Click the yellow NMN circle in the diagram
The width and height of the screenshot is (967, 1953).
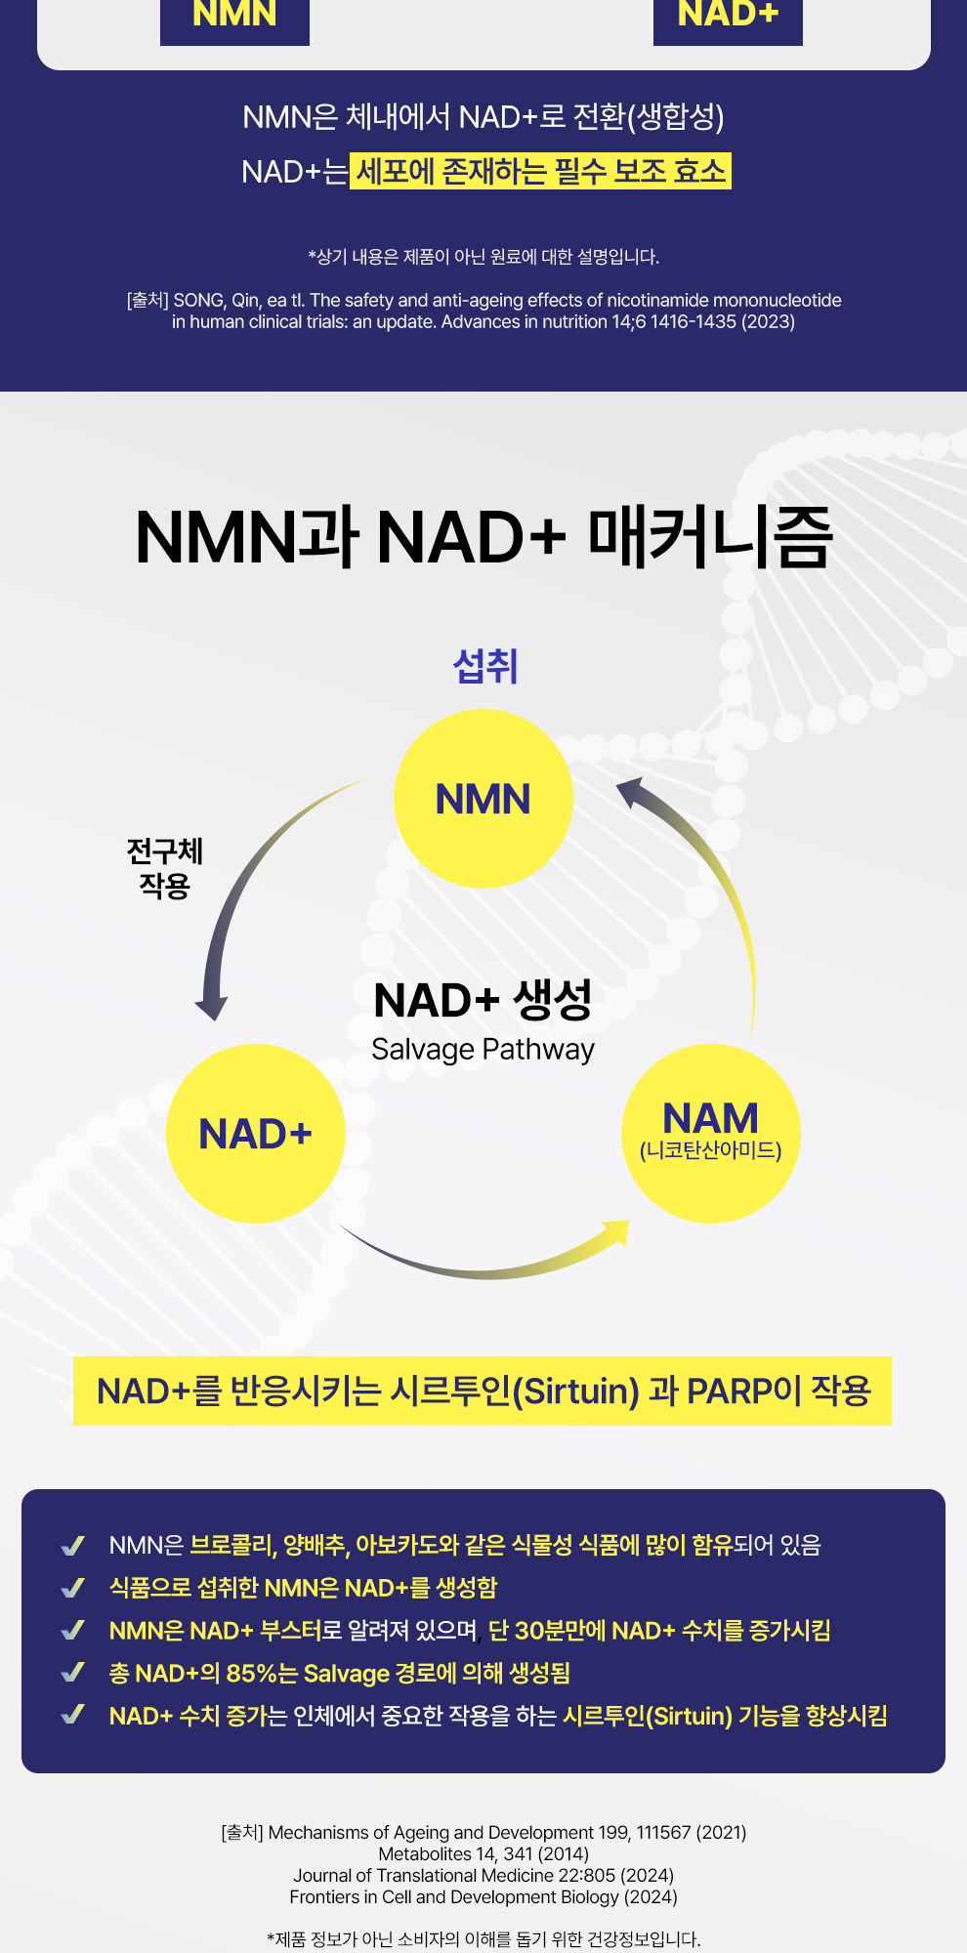[x=483, y=799]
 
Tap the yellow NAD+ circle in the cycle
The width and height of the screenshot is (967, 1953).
[x=255, y=1134]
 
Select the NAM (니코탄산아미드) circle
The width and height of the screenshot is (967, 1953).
[x=711, y=1133]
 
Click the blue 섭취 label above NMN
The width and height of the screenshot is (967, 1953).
[x=484, y=667]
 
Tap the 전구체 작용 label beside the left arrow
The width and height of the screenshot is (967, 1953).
[x=164, y=868]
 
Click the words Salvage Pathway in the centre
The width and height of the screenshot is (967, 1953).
[x=483, y=1050]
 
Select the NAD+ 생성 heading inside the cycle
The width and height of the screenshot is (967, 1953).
[x=483, y=1000]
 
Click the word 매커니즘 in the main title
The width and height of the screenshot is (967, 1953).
[x=709, y=537]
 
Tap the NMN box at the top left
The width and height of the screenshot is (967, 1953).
[x=234, y=18]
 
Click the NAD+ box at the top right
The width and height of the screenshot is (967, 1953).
[x=728, y=18]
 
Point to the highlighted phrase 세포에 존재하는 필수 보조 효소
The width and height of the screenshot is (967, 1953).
[x=540, y=172]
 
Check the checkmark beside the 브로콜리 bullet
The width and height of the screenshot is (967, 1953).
[x=72, y=1545]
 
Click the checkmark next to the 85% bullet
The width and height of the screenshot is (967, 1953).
[x=72, y=1673]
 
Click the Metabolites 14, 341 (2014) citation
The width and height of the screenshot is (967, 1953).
[x=483, y=1853]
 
